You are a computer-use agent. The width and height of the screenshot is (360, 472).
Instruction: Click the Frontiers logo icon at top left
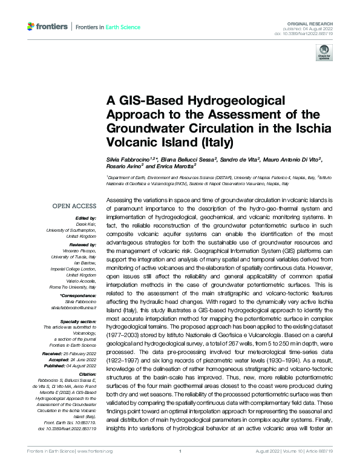click(x=32, y=27)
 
